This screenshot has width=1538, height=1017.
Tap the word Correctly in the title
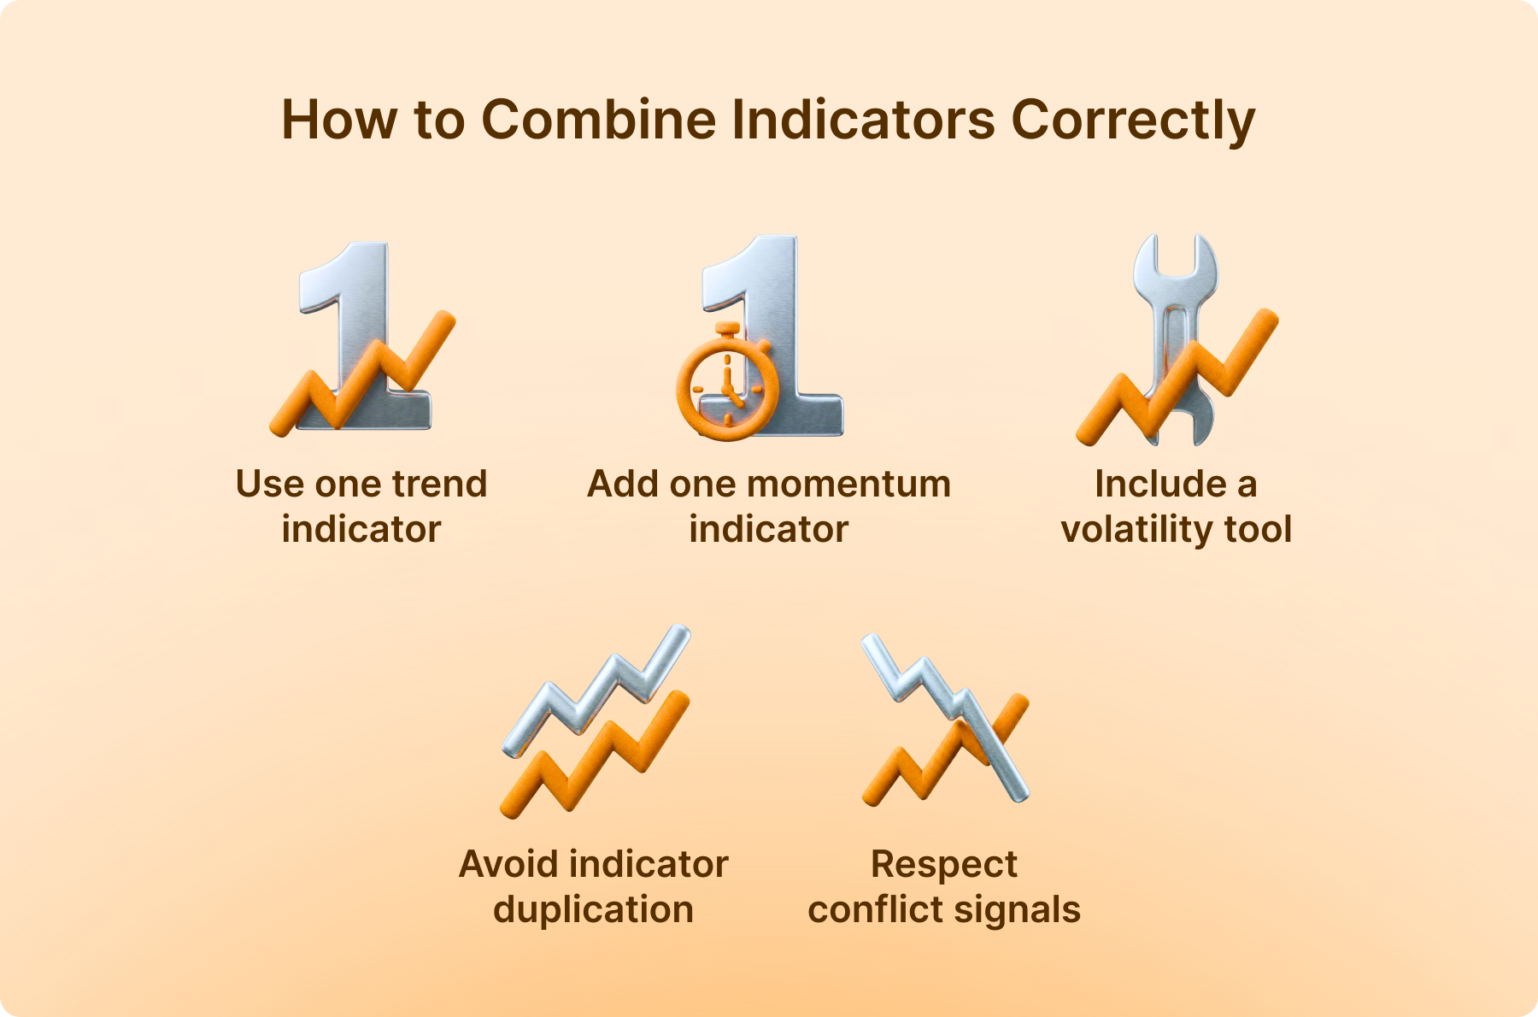pyautogui.click(x=1133, y=121)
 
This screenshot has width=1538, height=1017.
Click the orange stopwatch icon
pyautogui.click(x=727, y=382)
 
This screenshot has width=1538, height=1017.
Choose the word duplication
pyautogui.click(x=593, y=909)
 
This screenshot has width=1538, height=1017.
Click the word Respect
pyautogui.click(x=944, y=865)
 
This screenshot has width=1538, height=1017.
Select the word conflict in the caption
pyautogui.click(x=874, y=909)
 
